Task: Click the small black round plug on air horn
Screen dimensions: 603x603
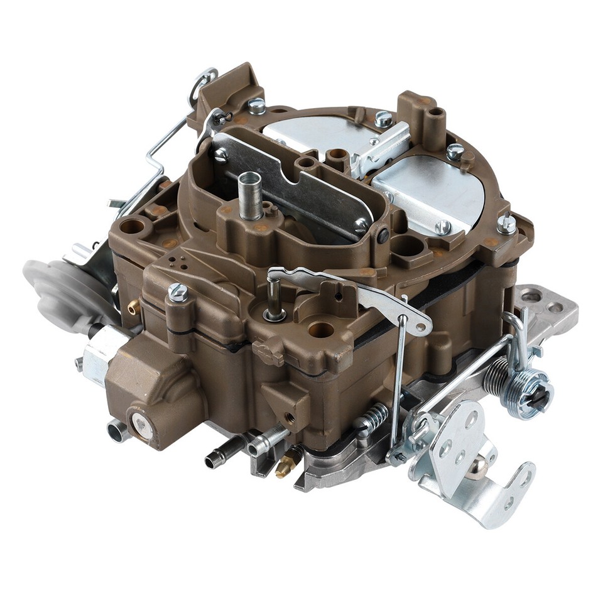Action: (x=383, y=236)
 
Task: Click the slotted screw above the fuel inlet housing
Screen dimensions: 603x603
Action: (x=178, y=291)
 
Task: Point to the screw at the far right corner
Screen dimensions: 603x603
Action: (x=506, y=224)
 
